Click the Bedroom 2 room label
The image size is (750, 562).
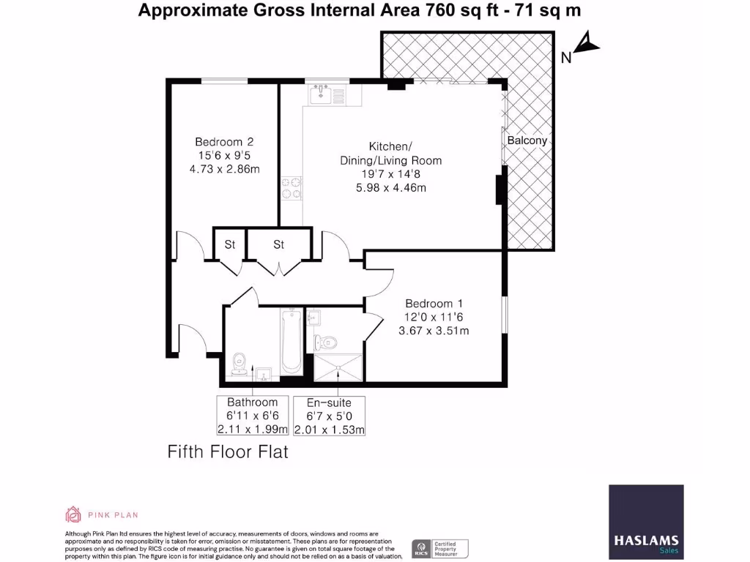(x=224, y=142)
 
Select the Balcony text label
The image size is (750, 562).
(x=527, y=140)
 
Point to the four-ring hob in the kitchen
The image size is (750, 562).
(x=294, y=187)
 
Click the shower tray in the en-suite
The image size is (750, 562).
(x=338, y=368)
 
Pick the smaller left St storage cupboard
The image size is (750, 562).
(x=229, y=244)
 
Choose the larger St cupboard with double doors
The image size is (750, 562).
(x=278, y=244)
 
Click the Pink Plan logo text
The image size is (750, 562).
(x=114, y=515)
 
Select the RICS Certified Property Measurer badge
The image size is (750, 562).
(x=439, y=548)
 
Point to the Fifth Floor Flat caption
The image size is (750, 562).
(x=228, y=452)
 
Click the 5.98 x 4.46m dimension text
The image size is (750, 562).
(x=390, y=188)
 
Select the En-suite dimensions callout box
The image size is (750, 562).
(x=329, y=416)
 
